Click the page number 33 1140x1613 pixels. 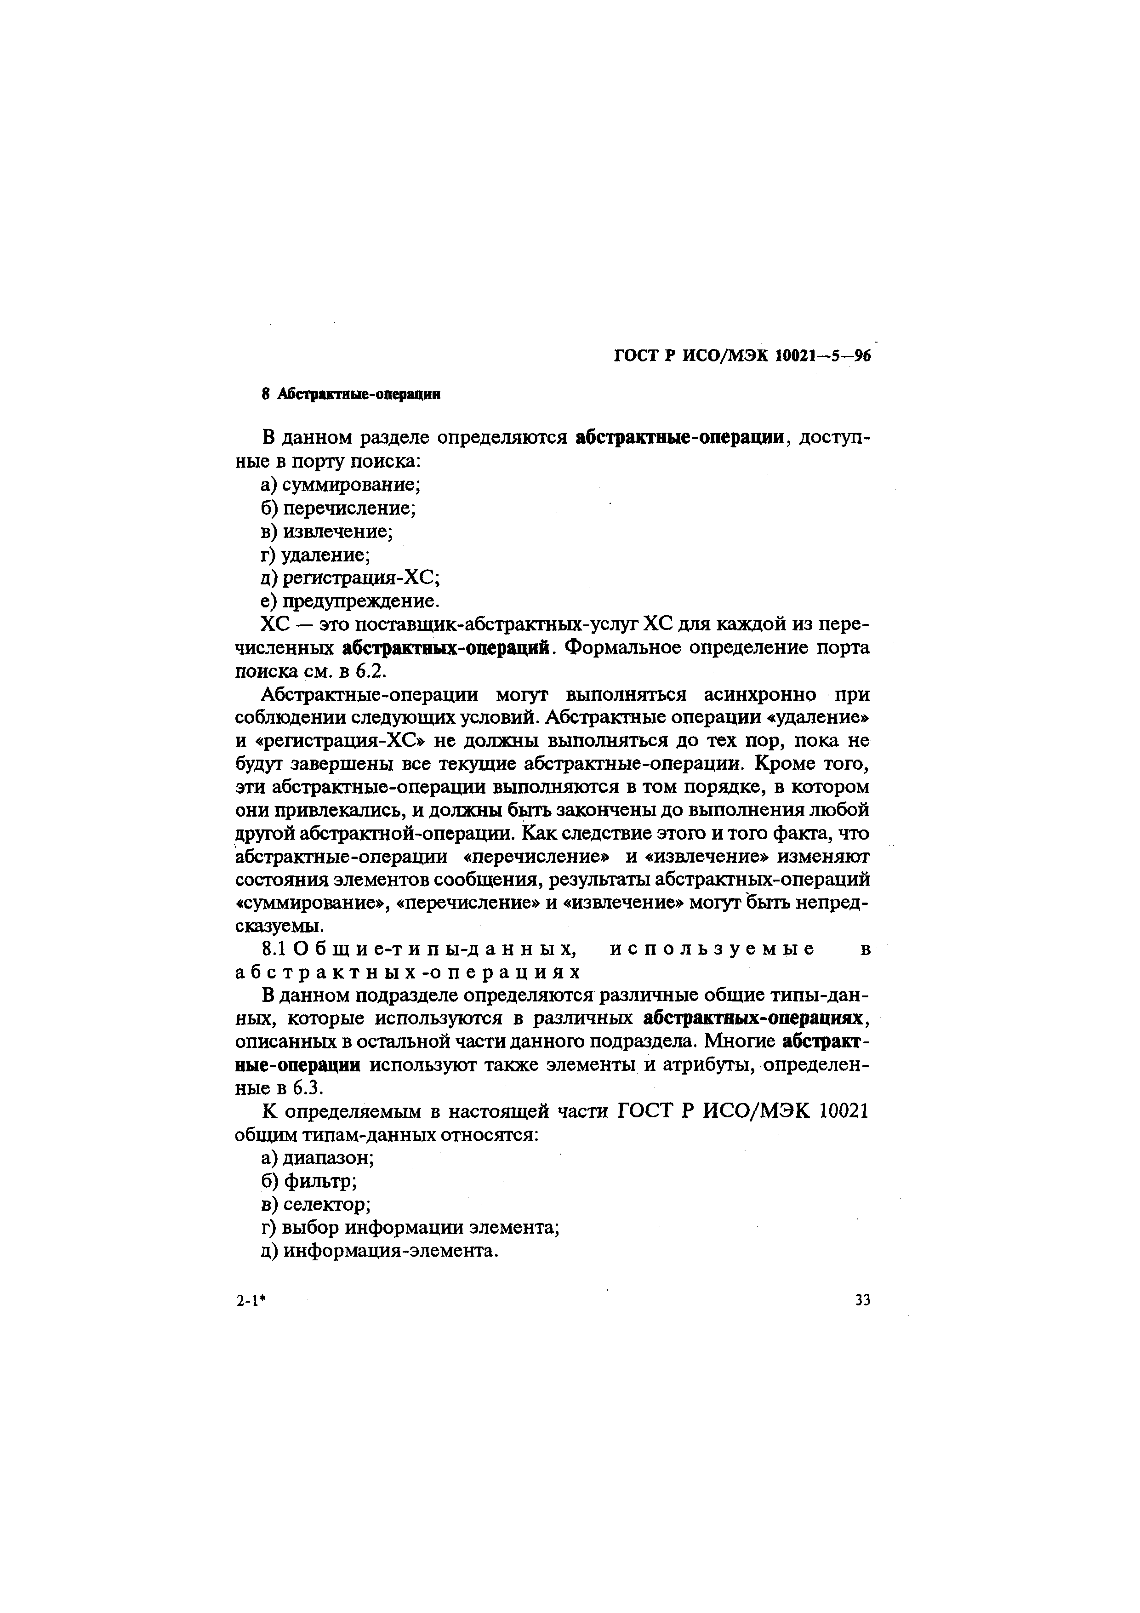862,1300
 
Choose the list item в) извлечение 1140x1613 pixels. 327,531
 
